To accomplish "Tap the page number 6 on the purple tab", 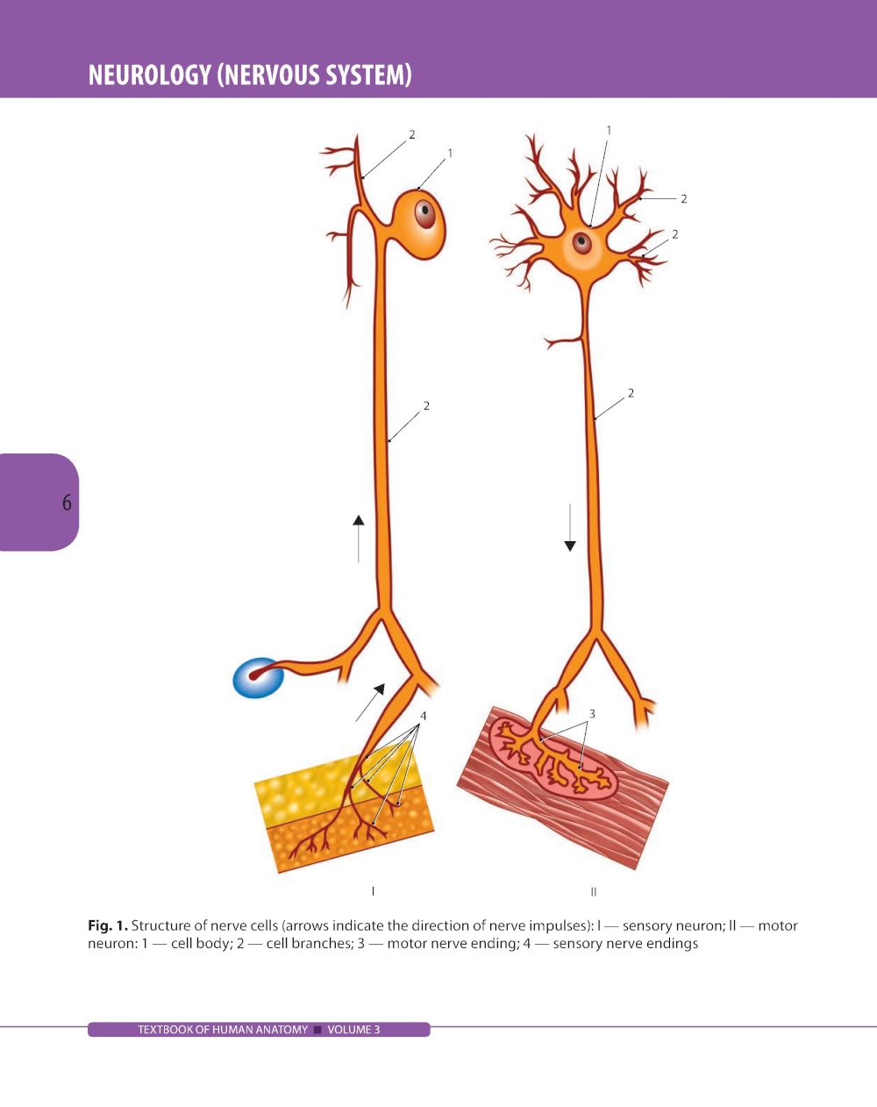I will point(67,503).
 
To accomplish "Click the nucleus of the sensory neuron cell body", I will point(425,213).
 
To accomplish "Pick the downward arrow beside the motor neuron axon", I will point(570,527).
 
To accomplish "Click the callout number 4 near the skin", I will point(423,716).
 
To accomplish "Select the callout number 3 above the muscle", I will point(592,713).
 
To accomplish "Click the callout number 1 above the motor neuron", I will point(609,130).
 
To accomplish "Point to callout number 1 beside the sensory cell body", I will point(450,153).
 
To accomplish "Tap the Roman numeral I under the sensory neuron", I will point(373,891).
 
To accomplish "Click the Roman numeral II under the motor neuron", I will point(594,891).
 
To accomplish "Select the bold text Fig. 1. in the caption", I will point(108,925).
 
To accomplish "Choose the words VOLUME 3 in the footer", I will point(353,1030).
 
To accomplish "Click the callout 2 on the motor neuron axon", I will point(631,393).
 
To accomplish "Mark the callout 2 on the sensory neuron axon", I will point(426,405).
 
